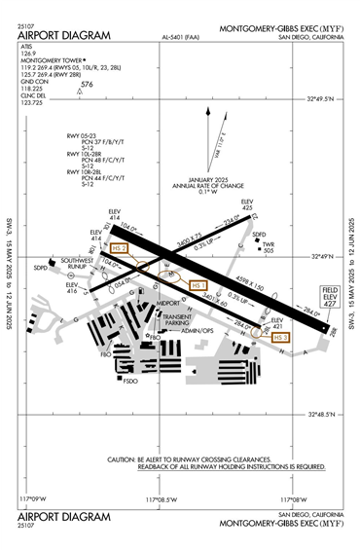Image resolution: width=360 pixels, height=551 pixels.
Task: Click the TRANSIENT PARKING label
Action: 178,320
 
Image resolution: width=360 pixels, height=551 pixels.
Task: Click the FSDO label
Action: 130,381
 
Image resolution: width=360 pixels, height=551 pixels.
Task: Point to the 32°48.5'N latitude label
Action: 320,414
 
